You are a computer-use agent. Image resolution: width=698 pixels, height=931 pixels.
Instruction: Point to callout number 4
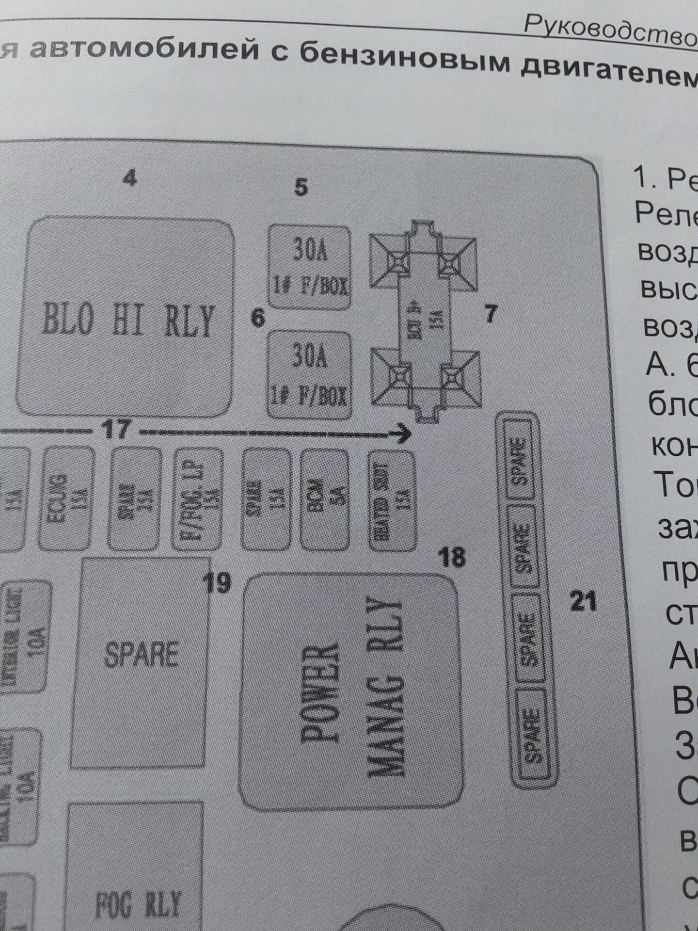pos(129,179)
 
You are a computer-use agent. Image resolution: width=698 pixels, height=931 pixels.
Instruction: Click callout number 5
pos(301,187)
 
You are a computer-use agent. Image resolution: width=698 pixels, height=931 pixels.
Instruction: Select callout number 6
pos(258,319)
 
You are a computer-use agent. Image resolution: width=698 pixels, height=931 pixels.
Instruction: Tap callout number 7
pos(491,314)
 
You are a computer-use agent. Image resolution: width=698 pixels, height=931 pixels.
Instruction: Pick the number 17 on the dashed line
pos(117,429)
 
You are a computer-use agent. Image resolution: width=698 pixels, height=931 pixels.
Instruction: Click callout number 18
pos(452,557)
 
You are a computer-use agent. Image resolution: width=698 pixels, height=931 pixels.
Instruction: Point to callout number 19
pos(217,583)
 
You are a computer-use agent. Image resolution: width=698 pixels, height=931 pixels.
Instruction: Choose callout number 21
pos(583,602)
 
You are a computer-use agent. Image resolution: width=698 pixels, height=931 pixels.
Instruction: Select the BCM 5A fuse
pos(324,500)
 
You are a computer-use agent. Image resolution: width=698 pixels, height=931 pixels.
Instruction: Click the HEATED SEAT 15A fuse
pos(392,501)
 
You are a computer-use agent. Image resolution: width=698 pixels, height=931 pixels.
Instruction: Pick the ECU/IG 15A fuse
pos(67,499)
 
